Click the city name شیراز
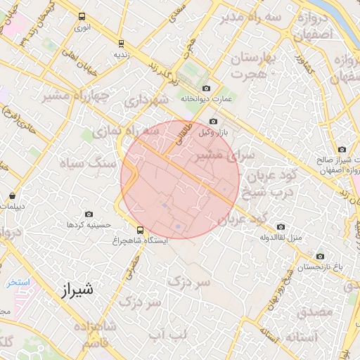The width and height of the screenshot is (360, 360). pos(74,288)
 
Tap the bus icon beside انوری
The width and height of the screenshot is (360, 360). pos(82,17)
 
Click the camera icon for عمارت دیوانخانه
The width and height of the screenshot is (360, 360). pos(206,89)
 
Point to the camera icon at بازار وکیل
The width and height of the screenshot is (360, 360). pos(214,121)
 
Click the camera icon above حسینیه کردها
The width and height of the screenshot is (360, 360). pos(89,214)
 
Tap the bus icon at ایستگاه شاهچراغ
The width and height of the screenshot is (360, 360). pos(141,229)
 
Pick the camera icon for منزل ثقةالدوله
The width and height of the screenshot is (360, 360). pos(281,227)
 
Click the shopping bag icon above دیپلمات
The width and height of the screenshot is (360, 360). pos(13,196)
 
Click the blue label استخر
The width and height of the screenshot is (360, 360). pos(18,282)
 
